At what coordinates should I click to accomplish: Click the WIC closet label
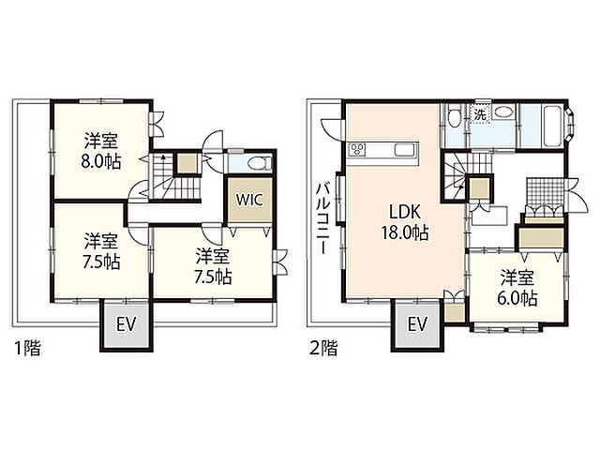[x=249, y=200]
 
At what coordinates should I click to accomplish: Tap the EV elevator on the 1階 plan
[x=127, y=325]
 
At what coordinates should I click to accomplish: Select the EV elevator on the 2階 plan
[x=417, y=325]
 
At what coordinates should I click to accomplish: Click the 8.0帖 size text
[x=101, y=162]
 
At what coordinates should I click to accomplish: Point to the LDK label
[x=405, y=212]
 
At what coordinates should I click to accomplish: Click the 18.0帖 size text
[x=405, y=232]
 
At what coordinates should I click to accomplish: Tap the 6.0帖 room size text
[x=517, y=298]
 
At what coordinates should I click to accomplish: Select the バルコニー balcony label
[x=323, y=218]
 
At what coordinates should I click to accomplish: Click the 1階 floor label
[x=27, y=349]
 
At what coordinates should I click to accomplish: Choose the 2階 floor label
[x=323, y=349]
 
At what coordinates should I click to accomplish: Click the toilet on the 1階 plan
[x=259, y=164]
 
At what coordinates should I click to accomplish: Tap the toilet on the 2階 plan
[x=455, y=116]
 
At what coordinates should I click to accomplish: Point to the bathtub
[x=553, y=125]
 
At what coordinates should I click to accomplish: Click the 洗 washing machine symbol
[x=480, y=114]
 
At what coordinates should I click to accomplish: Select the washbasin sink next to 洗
[x=503, y=112]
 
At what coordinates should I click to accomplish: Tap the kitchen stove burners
[x=357, y=149]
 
